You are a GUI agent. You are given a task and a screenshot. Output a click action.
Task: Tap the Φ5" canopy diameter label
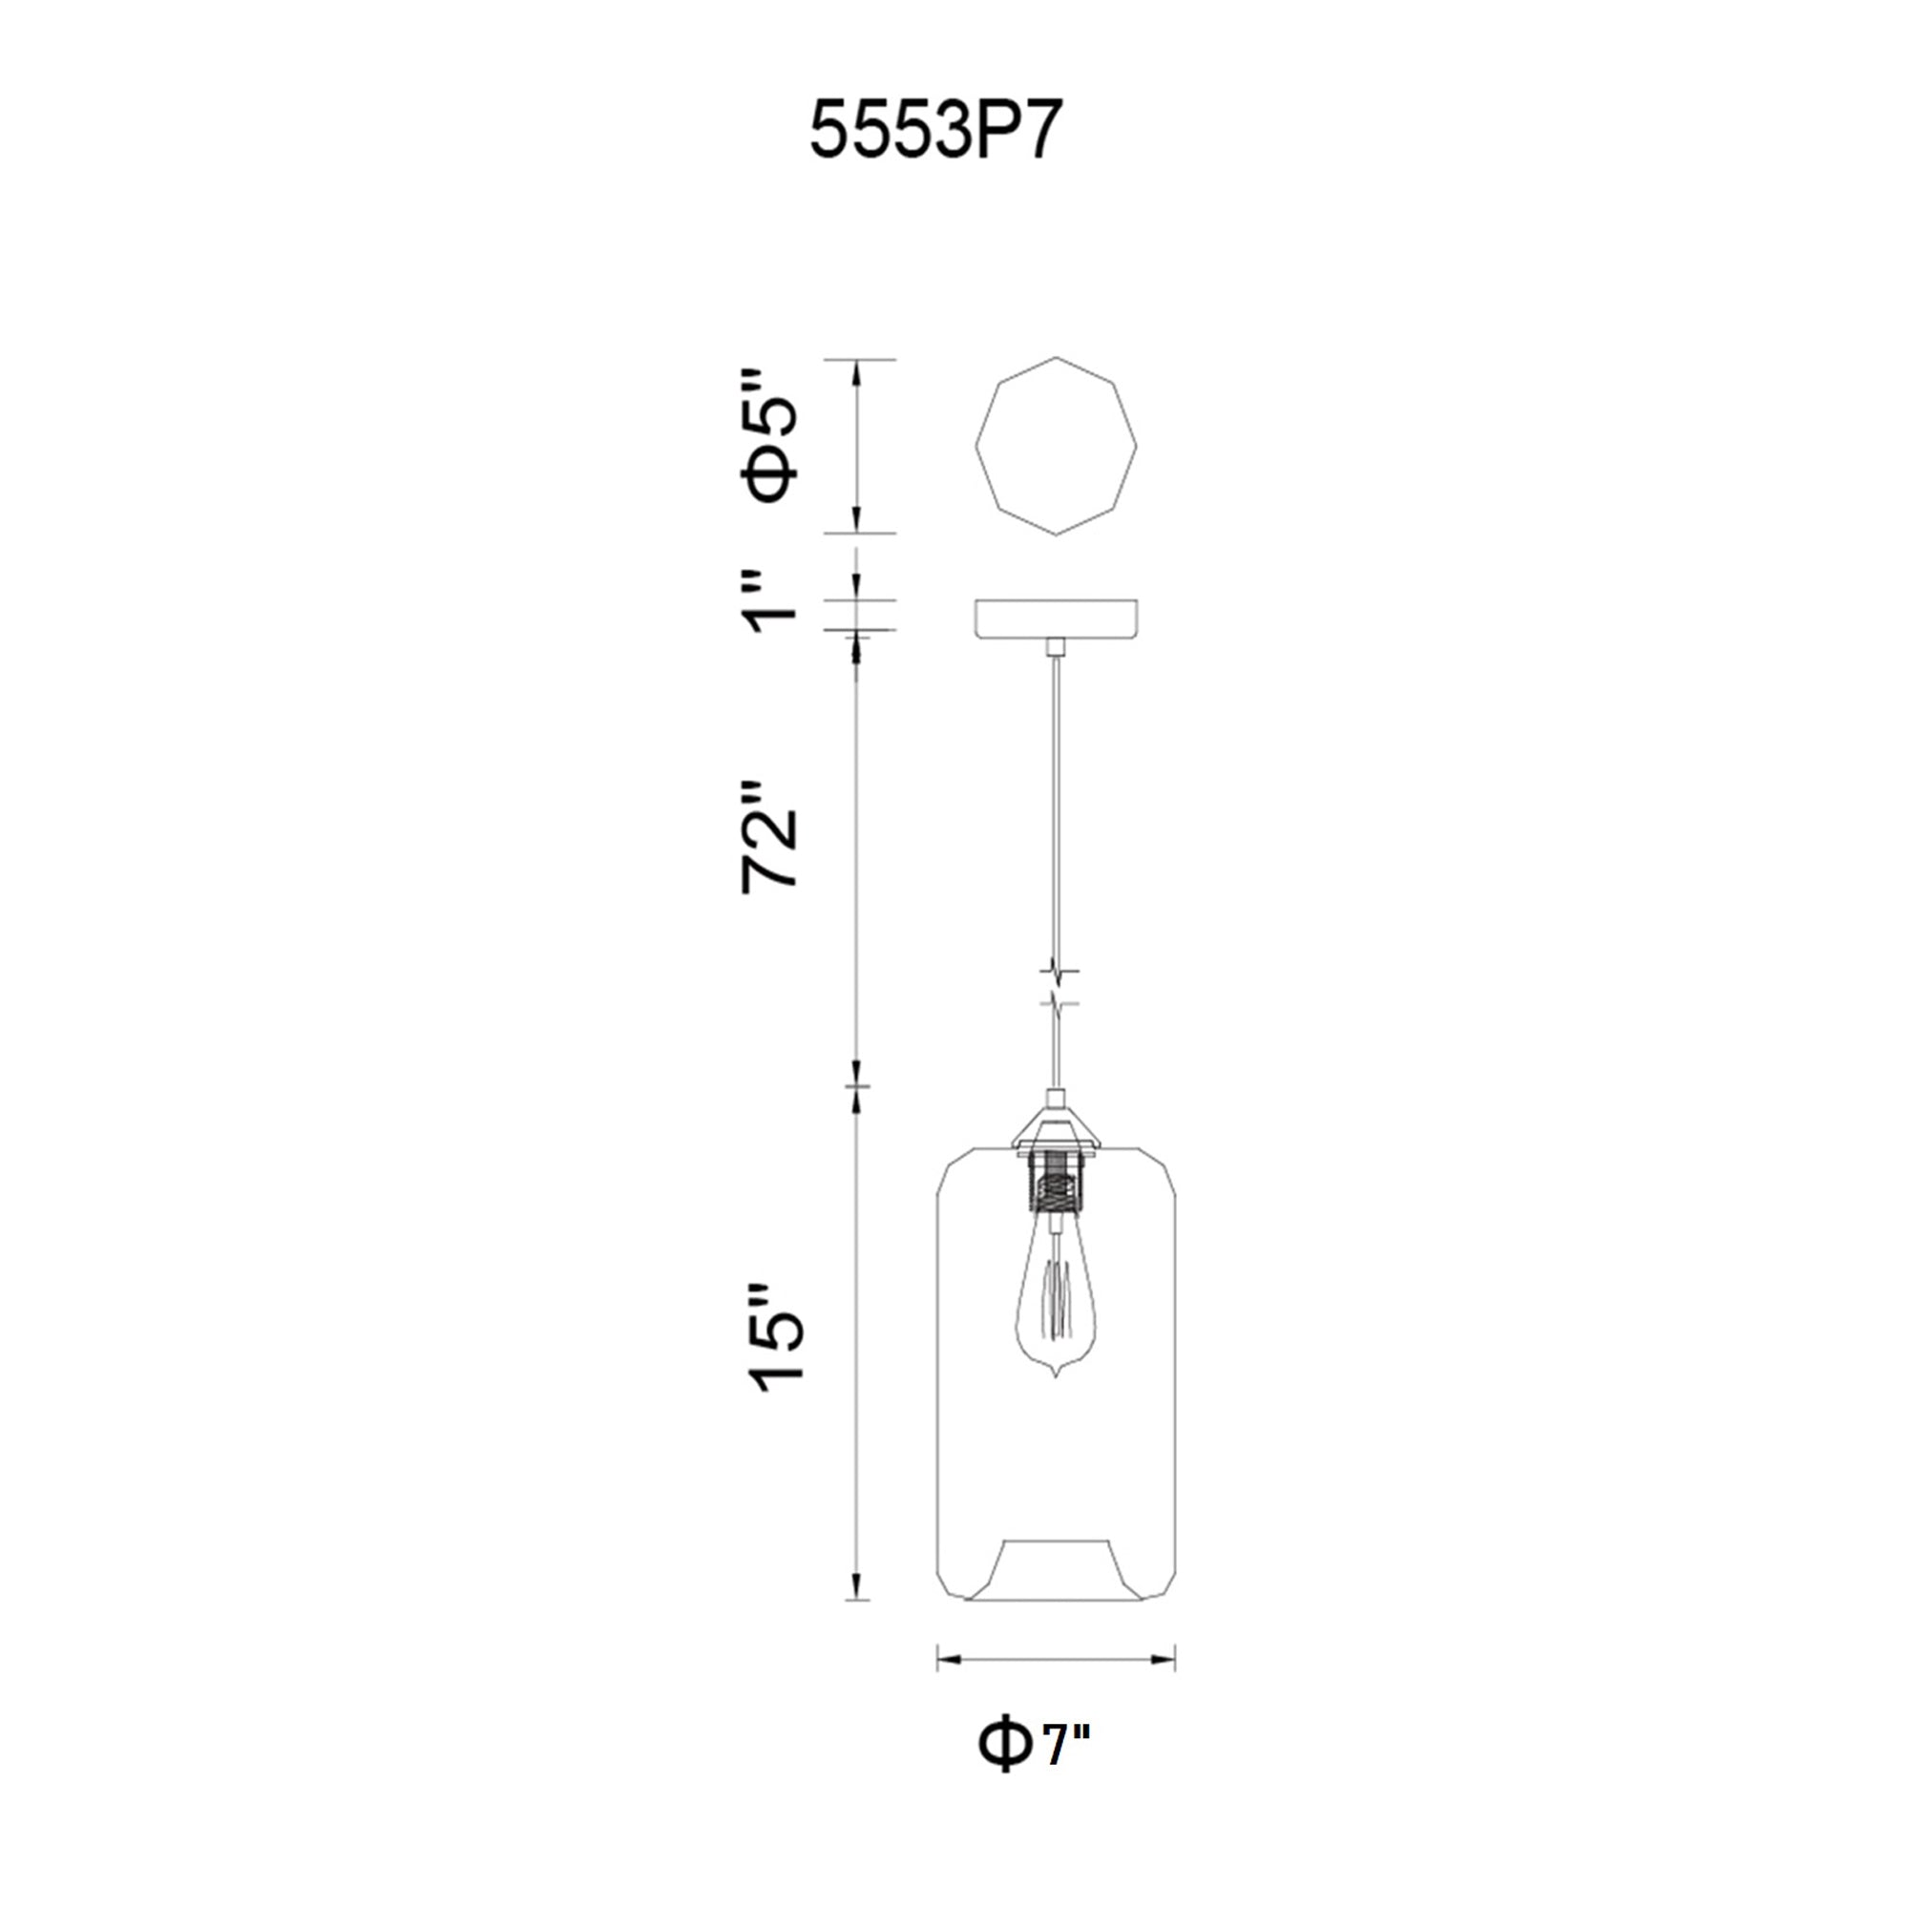point(770,437)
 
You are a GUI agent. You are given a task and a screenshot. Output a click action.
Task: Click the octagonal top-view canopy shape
point(1056,446)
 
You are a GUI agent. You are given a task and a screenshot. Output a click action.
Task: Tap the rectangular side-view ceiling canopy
point(1056,619)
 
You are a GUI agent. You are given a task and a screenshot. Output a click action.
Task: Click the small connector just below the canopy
point(1056,647)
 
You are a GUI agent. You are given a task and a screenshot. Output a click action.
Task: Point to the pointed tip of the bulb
point(1056,1376)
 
